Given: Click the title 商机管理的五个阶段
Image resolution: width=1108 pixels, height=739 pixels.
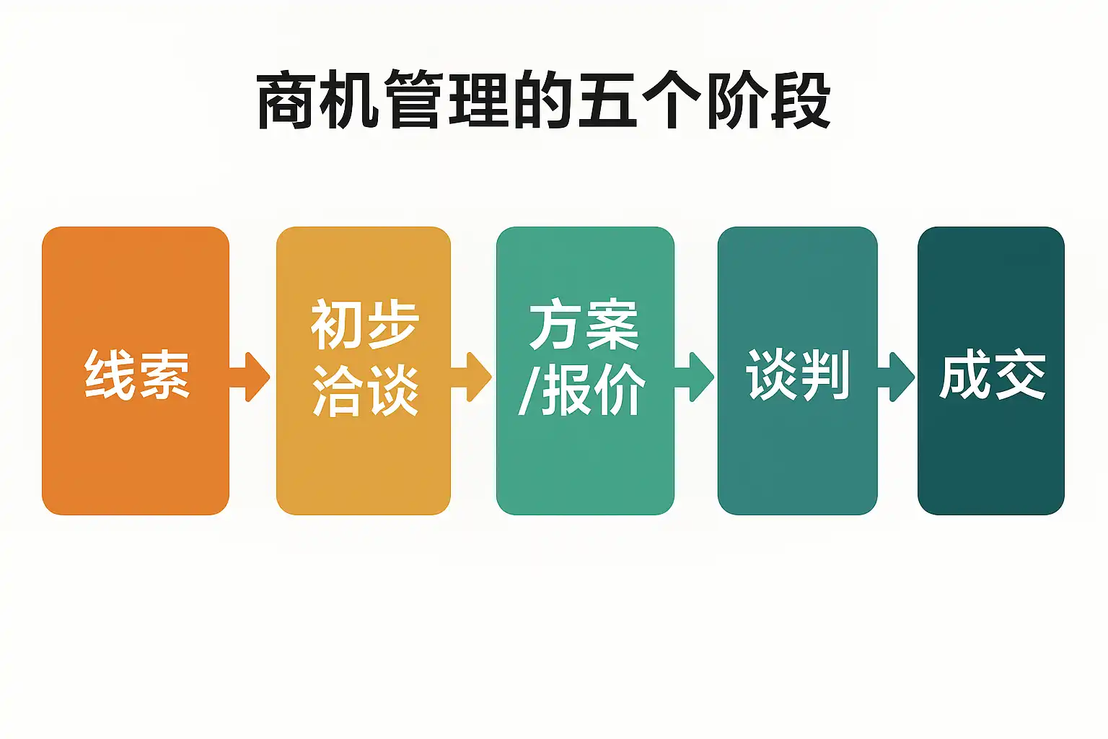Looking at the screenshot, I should point(544,100).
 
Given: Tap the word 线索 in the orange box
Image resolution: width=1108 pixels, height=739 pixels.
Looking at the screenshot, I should point(137,375).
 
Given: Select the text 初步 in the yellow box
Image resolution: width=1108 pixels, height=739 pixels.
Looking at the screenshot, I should point(364,325).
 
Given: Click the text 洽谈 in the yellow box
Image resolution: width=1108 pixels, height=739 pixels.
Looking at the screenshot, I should point(365,390).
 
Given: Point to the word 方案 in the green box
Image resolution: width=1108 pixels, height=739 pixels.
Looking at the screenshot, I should point(584,325).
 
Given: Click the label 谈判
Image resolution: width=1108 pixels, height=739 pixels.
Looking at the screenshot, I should point(798,375).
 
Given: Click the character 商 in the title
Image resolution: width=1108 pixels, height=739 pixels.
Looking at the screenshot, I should point(287,100).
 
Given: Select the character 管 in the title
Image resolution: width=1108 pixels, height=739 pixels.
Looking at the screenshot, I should point(415,100).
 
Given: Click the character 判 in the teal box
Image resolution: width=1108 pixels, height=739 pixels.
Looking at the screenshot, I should point(824,375).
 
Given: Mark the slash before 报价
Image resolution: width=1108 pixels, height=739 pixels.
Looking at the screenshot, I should point(527,390).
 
